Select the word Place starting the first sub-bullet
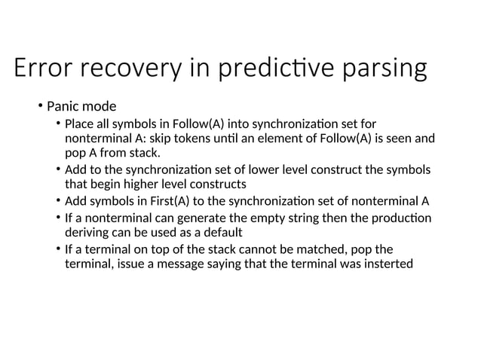point(79,124)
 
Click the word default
point(222,233)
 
